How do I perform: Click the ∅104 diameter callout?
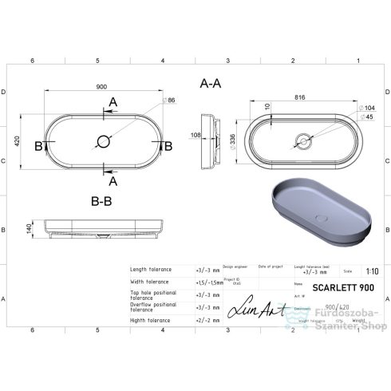(x=367, y=108)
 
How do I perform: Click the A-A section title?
(x=211, y=82)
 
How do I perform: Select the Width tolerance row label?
(x=149, y=282)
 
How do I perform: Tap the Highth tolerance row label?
(x=150, y=321)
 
